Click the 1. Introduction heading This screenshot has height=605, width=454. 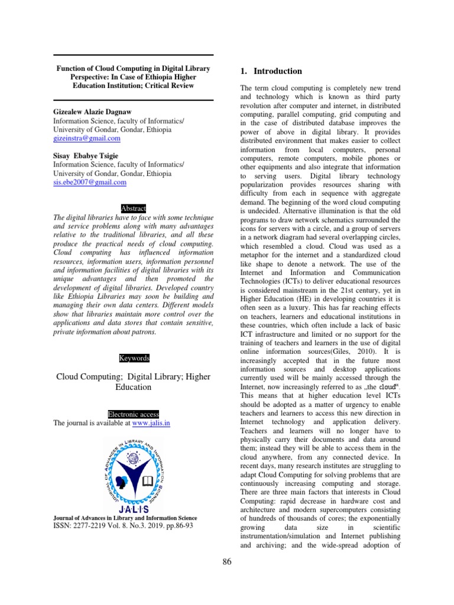coord(271,71)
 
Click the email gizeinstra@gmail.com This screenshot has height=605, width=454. coord(87,138)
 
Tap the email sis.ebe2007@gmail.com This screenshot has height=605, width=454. coord(90,183)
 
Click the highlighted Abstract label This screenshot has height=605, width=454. coord(133,209)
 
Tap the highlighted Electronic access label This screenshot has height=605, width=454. coord(133,414)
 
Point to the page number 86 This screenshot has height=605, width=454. coord(227,562)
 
